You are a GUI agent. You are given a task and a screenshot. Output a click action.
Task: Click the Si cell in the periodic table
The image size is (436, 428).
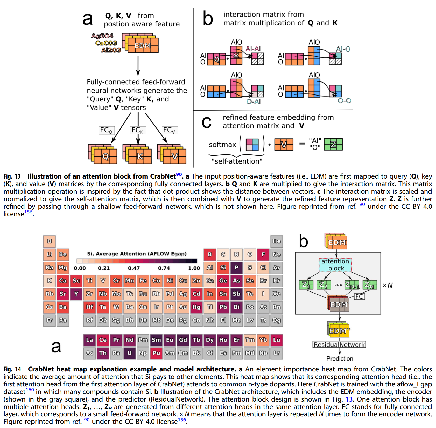(x=223, y=268)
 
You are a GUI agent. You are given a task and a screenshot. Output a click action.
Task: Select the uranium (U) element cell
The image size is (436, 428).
(x=129, y=353)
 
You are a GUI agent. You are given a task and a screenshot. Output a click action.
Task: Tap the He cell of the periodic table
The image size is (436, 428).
(x=276, y=241)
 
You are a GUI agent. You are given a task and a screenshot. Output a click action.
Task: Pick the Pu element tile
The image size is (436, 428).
(x=156, y=353)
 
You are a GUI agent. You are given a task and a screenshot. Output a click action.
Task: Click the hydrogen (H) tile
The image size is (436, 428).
(x=49, y=241)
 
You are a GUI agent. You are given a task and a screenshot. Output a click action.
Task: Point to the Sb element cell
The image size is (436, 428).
(x=236, y=294)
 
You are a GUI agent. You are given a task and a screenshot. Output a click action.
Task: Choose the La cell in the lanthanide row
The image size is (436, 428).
(x=89, y=340)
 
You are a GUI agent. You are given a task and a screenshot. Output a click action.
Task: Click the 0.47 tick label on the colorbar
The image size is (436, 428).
(x=134, y=268)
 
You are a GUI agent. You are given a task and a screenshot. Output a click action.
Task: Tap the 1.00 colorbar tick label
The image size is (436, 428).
(x=194, y=268)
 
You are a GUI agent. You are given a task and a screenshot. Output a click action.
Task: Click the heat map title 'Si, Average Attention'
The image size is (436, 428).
(x=137, y=254)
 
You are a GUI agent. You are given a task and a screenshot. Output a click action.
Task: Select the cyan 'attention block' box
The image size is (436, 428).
(x=335, y=265)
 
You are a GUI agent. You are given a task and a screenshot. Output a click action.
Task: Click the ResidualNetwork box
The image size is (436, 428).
(x=339, y=344)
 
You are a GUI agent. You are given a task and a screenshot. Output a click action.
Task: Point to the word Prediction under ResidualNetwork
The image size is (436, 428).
(x=340, y=358)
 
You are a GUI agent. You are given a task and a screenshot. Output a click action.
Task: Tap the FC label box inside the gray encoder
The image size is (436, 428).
(x=359, y=296)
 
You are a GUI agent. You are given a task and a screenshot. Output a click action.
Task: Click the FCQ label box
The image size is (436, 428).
(x=106, y=130)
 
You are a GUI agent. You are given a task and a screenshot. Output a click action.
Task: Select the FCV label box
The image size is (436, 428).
(x=169, y=130)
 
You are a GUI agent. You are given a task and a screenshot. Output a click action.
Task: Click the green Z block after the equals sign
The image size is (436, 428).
(x=333, y=144)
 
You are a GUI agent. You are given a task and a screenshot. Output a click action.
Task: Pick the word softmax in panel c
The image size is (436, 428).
(x=222, y=145)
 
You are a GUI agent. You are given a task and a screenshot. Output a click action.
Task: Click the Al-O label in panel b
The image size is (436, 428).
(x=343, y=49)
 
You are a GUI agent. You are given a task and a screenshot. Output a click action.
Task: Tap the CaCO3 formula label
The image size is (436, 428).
(x=106, y=43)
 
